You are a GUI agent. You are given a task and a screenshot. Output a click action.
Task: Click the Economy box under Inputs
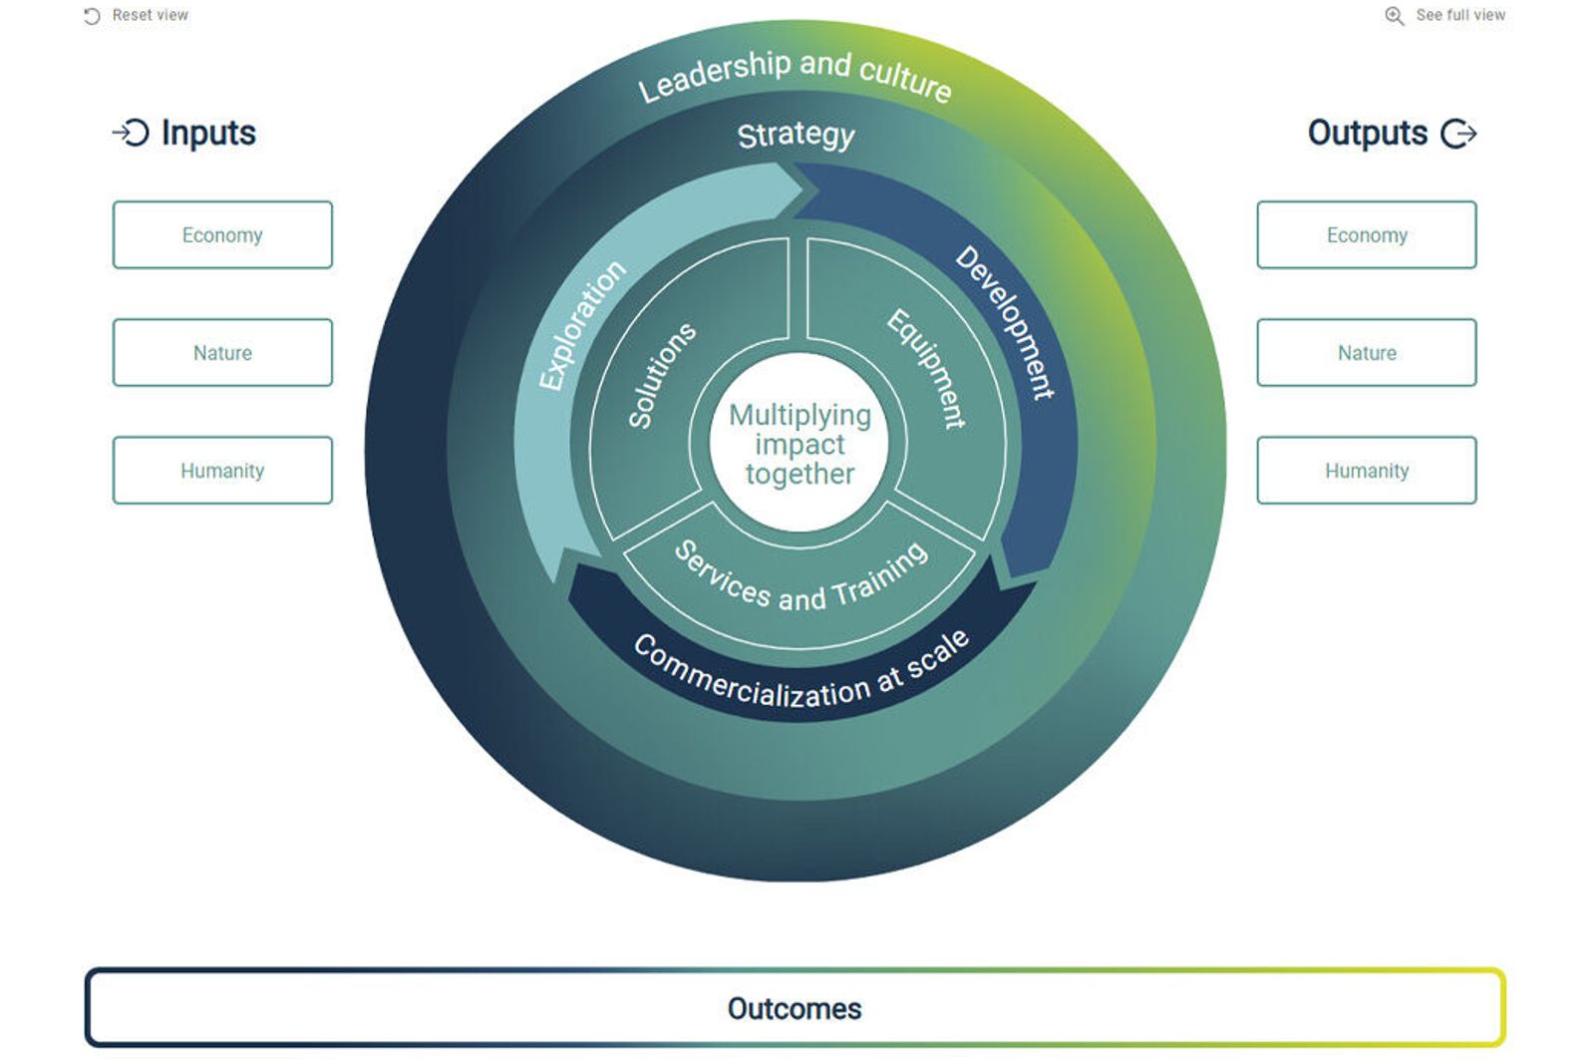point(222,235)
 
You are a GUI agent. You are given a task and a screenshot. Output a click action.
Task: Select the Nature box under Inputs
point(222,353)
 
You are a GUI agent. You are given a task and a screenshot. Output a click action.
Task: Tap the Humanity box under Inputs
point(222,471)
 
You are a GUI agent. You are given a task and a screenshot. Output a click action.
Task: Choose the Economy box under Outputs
point(1366,235)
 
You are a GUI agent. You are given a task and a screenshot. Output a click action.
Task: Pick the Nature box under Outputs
point(1366,353)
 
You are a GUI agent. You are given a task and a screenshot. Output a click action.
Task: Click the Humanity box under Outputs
point(1366,471)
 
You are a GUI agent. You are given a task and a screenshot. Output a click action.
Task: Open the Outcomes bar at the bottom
point(795,1008)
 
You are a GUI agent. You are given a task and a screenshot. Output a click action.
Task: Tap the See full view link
point(1459,15)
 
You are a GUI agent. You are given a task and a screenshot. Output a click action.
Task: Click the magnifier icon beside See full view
point(1394,16)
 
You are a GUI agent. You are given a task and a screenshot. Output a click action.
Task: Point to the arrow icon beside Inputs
point(131,133)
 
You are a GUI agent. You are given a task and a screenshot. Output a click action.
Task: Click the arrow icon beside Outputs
point(1458,134)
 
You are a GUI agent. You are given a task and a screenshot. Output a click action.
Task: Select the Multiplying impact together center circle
point(799,445)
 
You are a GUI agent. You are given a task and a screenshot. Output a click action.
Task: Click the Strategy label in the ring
point(796,135)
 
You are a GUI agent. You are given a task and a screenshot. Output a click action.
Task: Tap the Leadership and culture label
point(795,75)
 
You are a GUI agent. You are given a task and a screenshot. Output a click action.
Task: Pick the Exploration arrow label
point(582,324)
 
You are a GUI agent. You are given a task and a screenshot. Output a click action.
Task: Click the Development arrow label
point(1005,322)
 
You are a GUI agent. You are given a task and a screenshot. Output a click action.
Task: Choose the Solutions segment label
point(660,375)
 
